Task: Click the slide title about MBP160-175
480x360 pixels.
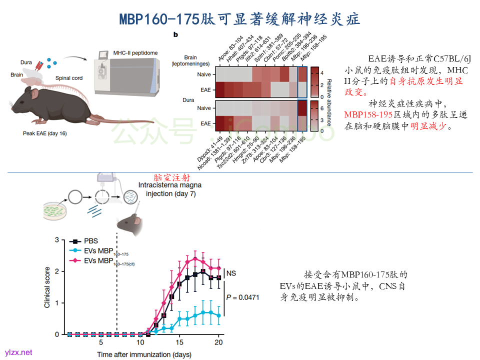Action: pyautogui.click(x=239, y=19)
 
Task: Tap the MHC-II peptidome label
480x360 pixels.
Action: pyautogui.click(x=135, y=52)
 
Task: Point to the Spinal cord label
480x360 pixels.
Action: pyautogui.click(x=69, y=78)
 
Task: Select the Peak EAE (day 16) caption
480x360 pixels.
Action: pyautogui.click(x=45, y=133)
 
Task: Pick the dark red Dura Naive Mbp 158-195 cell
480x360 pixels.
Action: pyautogui.click(x=302, y=108)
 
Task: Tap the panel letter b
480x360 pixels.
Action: pyautogui.click(x=175, y=34)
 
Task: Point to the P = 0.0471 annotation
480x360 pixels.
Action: pyautogui.click(x=243, y=297)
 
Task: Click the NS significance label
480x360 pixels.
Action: pyautogui.click(x=231, y=273)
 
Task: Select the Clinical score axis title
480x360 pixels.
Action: pyautogui.click(x=47, y=287)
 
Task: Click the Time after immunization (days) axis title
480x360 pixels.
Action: pyautogui.click(x=144, y=354)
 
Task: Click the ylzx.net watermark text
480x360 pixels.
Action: pyautogui.click(x=19, y=352)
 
